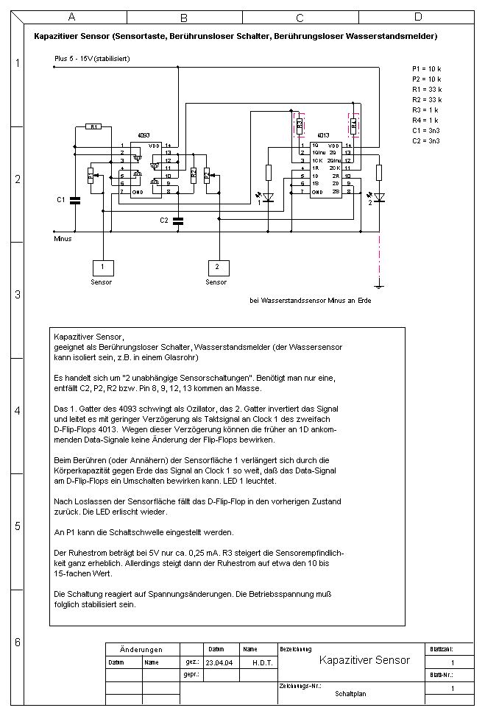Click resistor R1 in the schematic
[94, 126]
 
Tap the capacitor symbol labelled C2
[177, 220]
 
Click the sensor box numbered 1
[102, 267]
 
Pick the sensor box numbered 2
[216, 267]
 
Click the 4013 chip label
[322, 136]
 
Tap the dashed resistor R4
[354, 125]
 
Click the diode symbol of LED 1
[268, 197]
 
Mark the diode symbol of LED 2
[379, 197]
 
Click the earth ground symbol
[379, 285]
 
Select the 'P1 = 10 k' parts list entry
[427, 68]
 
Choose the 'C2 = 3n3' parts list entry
[427, 140]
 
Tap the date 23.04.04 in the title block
[219, 662]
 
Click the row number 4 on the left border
[18, 411]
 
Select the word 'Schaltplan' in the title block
[350, 693]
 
